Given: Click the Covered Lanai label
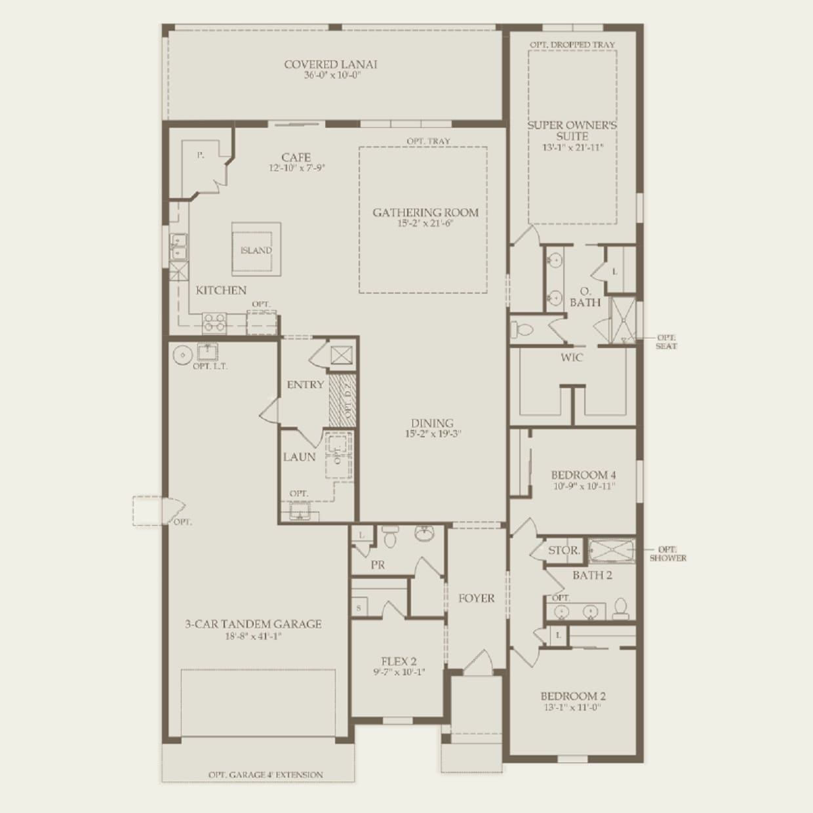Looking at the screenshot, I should [330, 64].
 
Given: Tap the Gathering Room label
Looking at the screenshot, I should [426, 212].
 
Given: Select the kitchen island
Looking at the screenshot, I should [256, 247].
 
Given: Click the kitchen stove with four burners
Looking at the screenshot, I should [214, 322].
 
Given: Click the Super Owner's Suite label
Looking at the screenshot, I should [572, 130].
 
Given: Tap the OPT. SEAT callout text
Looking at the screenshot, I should [666, 342].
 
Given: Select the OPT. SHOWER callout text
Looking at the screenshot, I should [667, 554].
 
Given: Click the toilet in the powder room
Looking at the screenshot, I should [390, 538].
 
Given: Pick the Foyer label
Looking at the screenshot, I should [476, 598].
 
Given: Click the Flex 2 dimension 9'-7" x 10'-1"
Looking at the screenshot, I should [399, 672].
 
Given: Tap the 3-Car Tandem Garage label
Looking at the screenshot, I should [253, 624].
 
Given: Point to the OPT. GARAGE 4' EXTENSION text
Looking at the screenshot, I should [266, 774].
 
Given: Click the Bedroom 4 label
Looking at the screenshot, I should [583, 475].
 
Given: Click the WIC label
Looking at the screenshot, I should [571, 358].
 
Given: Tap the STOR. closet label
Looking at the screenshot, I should [563, 551].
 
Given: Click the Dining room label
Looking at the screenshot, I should [432, 423].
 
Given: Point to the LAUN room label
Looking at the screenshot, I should [300, 456].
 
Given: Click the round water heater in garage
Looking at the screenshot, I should [182, 355].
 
